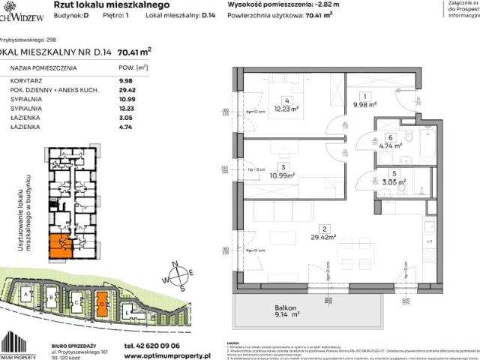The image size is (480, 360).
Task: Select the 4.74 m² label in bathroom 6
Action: coord(390,146)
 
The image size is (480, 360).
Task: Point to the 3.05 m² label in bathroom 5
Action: coord(391,181)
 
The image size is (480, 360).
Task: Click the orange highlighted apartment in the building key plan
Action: coord(58,244)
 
